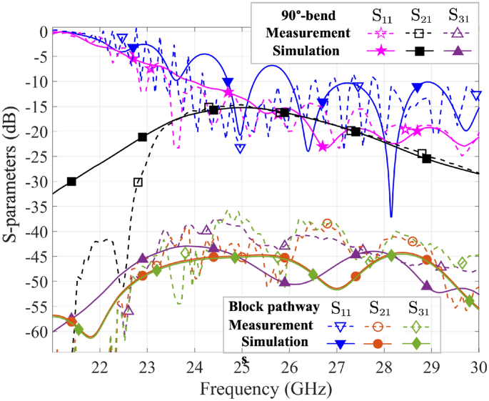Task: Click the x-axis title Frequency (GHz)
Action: coord(266,390)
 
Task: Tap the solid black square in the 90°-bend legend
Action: coord(420,50)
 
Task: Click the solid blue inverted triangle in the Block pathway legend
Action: coord(341,345)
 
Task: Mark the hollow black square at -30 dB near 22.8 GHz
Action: coord(138,182)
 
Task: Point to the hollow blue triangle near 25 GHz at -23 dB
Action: coord(241,148)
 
